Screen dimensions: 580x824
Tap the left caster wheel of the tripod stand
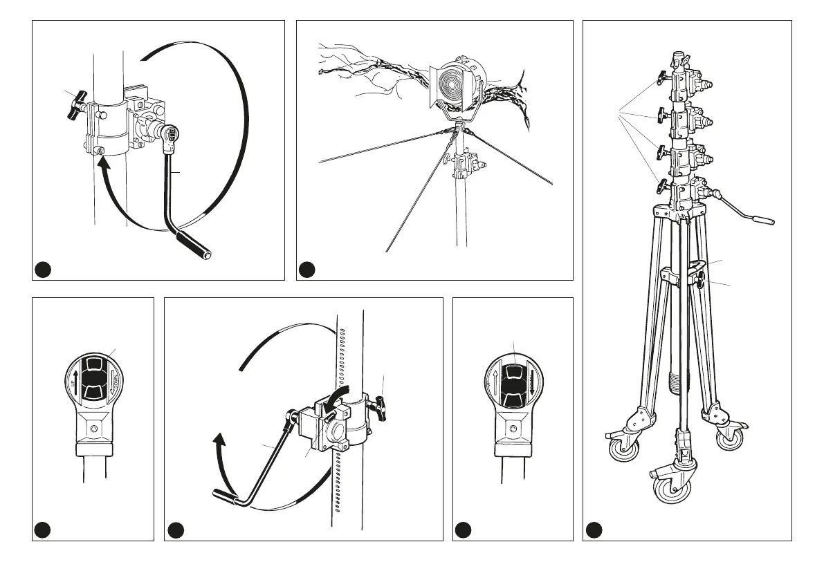pyautogui.click(x=624, y=449)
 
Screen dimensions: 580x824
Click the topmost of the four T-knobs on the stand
pyautogui.click(x=662, y=77)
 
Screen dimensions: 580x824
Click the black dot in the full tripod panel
pyautogui.click(x=594, y=530)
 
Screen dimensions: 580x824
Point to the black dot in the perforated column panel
pyautogui.click(x=175, y=530)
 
